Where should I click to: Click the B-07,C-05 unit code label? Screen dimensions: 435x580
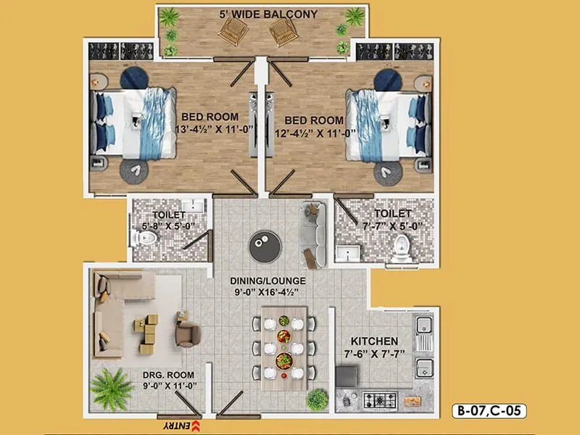[488, 411]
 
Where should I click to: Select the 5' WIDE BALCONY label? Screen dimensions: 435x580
[260, 14]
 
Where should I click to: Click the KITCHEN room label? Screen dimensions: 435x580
[374, 341]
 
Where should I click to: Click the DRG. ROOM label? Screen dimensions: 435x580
[169, 376]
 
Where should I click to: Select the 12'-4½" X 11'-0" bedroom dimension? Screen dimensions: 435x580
[313, 133]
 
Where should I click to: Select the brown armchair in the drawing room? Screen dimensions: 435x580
[187, 333]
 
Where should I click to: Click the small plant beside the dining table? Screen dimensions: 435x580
[317, 399]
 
